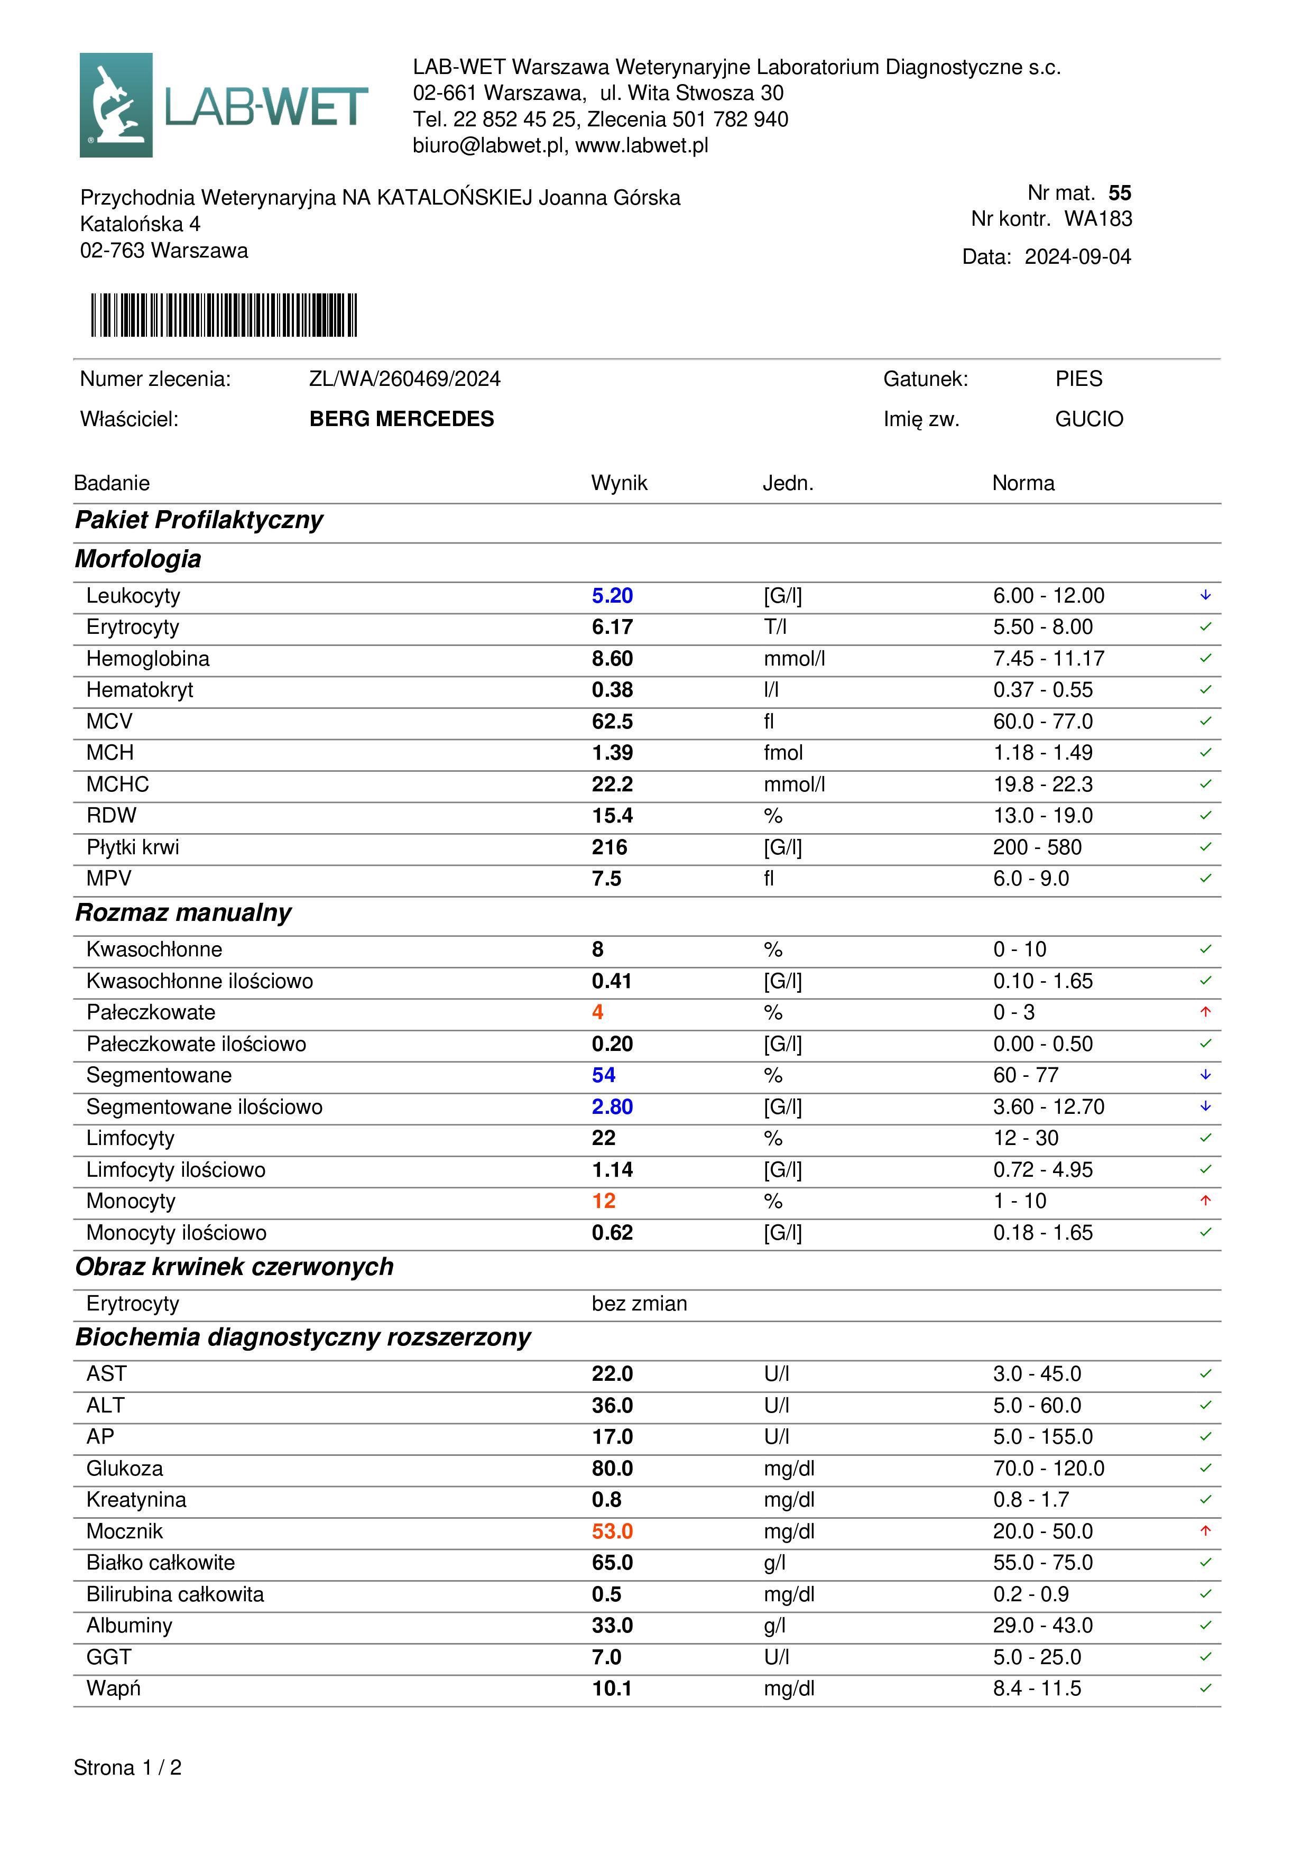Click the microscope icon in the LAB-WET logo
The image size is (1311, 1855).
pos(116,105)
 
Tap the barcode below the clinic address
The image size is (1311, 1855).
pos(224,315)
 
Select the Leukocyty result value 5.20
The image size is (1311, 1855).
pos(612,596)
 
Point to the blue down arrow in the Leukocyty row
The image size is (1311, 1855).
pos(1205,595)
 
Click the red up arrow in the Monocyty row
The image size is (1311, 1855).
pos(1205,1201)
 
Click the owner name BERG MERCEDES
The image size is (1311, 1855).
pos(401,419)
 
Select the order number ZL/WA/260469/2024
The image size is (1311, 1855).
pos(405,379)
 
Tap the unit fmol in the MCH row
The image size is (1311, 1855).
pos(783,753)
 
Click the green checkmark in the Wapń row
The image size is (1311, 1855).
pos(1205,1688)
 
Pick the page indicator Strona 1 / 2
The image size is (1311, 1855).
pos(127,1768)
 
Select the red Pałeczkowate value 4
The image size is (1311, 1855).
pos(598,1012)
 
